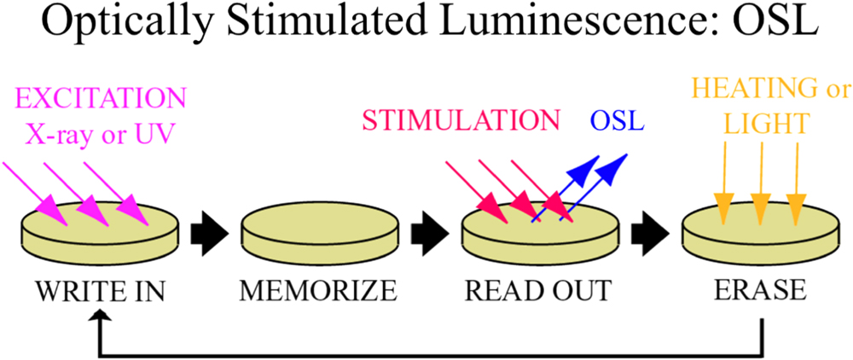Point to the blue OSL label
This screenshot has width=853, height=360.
click(618, 120)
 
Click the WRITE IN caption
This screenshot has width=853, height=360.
click(100, 290)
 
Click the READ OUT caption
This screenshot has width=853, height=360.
click(538, 290)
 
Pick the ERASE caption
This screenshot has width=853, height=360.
click(760, 290)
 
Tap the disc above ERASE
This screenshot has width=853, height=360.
click(760, 237)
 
